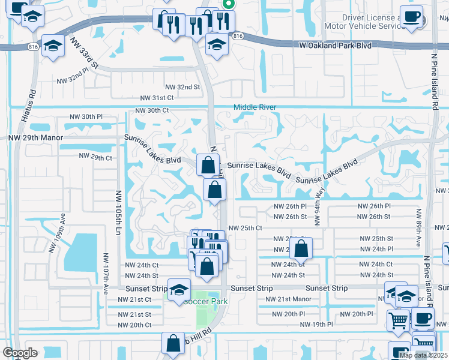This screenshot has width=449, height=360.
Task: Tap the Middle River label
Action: (255, 107)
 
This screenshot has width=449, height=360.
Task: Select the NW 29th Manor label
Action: (35, 137)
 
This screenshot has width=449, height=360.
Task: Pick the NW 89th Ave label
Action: (418, 228)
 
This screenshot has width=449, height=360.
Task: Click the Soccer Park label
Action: (205, 301)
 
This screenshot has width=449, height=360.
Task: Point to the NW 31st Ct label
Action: (157, 97)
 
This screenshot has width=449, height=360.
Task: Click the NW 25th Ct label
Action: (246, 228)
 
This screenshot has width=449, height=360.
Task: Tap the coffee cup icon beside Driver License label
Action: (411, 17)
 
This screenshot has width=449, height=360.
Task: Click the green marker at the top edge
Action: (228, 4)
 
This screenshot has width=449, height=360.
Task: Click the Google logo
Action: (20, 353)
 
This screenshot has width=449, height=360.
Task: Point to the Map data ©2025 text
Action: (423, 355)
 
